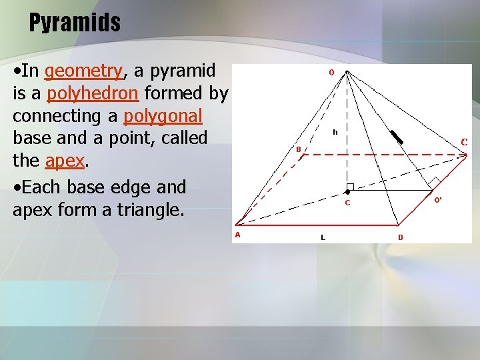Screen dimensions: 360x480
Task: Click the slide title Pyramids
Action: pos(75,23)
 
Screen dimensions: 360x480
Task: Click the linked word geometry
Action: pos(84,71)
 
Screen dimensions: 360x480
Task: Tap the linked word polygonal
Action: pos(163,116)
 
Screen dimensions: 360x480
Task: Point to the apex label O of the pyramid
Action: pos(331,73)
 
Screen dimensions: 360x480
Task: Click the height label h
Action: pos(335,132)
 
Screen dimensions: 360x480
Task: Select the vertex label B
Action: pos(299,149)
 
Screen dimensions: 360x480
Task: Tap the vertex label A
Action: pos(237,234)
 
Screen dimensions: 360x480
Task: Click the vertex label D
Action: pos(400,237)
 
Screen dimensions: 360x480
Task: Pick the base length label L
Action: pos(323,237)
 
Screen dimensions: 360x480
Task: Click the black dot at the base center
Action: pos(347,192)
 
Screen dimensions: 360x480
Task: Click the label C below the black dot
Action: pos(347,203)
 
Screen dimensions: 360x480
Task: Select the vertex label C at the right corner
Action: pos(464,141)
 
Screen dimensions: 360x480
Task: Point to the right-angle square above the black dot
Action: pos(350,187)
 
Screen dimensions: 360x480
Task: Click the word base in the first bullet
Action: pos(29,139)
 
